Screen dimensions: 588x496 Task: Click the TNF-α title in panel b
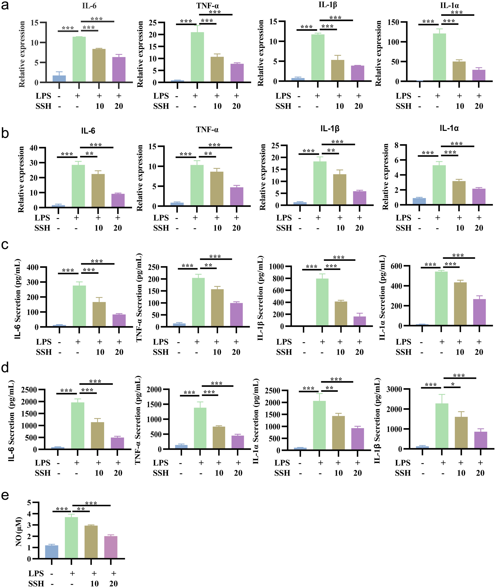tap(207, 130)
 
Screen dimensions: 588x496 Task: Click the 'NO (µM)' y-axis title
tap(19, 532)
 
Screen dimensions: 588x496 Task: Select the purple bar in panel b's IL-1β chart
tap(360, 198)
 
